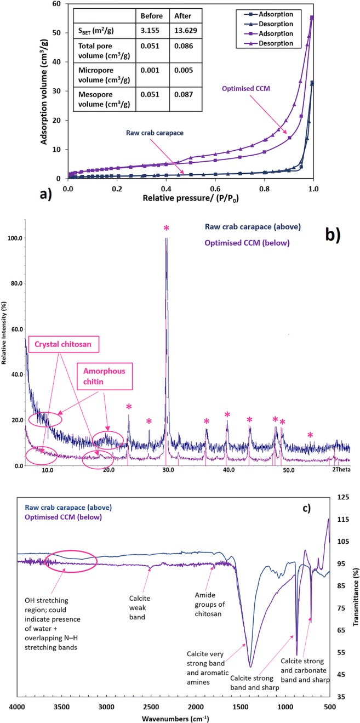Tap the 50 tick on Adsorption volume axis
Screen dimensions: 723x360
click(58, 33)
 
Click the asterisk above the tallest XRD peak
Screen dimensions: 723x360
click(166, 227)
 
